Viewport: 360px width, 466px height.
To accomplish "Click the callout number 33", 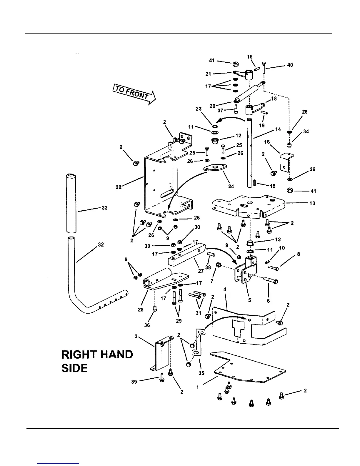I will click(105, 208).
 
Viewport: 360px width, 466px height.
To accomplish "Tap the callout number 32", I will click(101, 245).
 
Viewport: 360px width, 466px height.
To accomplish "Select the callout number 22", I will click(119, 187).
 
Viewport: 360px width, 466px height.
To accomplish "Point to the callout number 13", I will click(312, 203).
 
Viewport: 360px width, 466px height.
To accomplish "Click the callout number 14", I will click(278, 129).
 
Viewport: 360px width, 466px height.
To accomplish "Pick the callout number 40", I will click(290, 65).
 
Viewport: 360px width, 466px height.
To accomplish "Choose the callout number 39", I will click(134, 382).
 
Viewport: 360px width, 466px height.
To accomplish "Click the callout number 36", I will click(147, 325).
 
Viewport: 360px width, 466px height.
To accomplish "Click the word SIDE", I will click(74, 368).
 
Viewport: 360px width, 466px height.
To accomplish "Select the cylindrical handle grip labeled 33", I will click(71, 207).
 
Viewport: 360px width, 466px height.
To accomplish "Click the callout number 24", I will click(231, 186).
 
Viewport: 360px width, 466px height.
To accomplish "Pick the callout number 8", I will click(299, 254).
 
